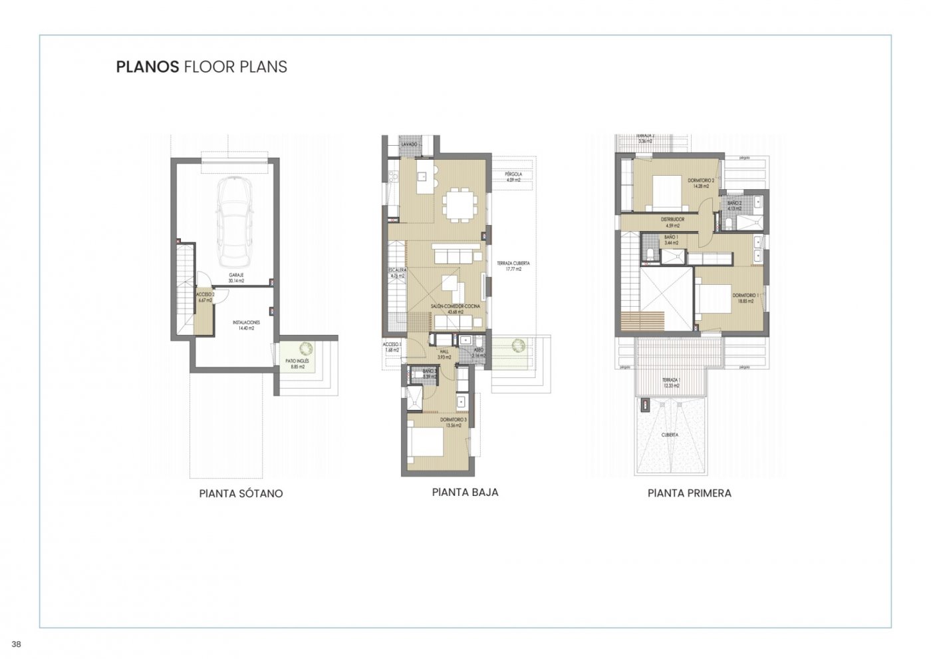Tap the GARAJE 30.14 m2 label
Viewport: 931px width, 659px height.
(236, 278)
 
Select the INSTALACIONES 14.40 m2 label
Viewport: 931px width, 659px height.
(246, 325)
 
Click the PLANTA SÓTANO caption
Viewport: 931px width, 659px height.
(241, 494)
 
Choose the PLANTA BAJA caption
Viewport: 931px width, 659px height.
(465, 493)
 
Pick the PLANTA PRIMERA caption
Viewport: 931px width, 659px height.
(690, 493)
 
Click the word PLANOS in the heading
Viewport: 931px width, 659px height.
(147, 67)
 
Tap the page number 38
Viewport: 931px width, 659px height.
(17, 644)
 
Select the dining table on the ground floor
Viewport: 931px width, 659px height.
(459, 204)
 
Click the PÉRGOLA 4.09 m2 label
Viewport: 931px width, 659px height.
(513, 177)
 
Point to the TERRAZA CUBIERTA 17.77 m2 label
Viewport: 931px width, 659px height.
(513, 266)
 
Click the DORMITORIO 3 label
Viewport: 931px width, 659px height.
(454, 423)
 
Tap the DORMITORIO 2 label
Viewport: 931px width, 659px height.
(701, 183)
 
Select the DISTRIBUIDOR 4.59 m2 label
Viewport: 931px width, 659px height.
(672, 222)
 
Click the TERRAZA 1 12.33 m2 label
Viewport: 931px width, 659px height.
(671, 383)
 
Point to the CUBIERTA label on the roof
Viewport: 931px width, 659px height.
(670, 435)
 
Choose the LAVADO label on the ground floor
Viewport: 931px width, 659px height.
(410, 144)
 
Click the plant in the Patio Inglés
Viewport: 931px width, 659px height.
(307, 348)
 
